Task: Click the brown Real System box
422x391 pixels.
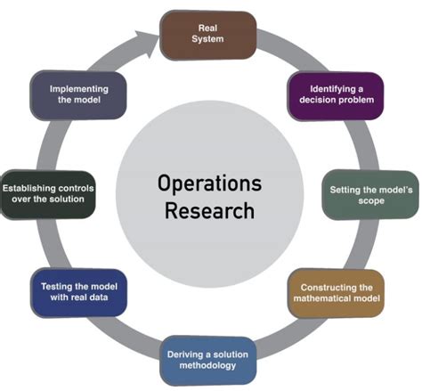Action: click(208, 36)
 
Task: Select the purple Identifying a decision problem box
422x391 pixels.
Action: click(336, 96)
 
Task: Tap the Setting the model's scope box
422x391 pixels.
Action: click(370, 195)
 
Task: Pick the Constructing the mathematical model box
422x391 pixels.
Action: click(336, 293)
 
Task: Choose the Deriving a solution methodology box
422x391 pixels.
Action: click(208, 361)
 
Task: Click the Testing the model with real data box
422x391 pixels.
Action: click(79, 292)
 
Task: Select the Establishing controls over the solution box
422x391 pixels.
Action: click(48, 194)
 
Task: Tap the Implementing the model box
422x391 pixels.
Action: click(78, 95)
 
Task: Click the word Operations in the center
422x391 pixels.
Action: click(209, 183)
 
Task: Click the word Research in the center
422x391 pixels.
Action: click(209, 210)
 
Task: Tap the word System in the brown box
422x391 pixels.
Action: click(207, 39)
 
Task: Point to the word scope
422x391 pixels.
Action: click(371, 200)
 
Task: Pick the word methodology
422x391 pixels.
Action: click(207, 365)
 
